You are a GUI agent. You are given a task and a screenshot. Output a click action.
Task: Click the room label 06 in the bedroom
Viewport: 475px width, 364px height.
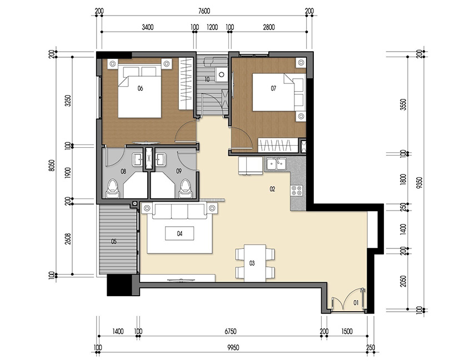pos(140,88)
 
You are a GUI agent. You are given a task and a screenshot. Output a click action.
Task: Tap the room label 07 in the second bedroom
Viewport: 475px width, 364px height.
pos(273,88)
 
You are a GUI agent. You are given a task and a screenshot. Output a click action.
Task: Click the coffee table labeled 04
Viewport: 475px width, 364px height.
pos(179,233)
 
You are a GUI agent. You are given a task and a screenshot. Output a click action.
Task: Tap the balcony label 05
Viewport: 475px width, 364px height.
pos(114,242)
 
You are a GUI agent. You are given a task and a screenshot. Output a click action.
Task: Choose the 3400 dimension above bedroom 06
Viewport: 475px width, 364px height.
pos(148,27)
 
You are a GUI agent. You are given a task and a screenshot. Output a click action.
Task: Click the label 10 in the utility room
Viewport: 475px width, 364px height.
pos(207,79)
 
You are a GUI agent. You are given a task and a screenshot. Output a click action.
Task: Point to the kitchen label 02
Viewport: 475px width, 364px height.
pos(272,189)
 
